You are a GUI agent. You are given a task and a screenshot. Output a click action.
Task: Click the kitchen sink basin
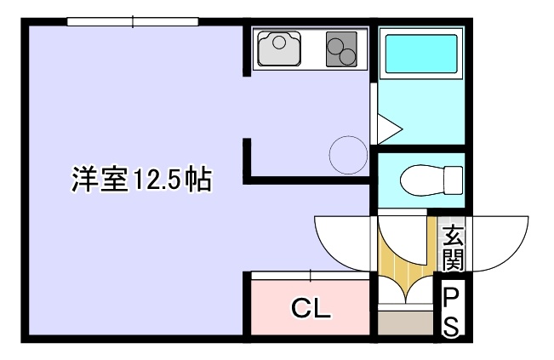[x=279, y=49]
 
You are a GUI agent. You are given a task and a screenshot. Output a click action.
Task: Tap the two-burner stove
[x=341, y=49]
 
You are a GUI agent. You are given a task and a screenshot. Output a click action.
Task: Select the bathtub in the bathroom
[x=421, y=54]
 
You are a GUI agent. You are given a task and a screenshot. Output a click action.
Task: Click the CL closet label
[x=311, y=308]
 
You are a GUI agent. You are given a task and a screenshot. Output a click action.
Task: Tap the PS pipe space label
[x=451, y=312]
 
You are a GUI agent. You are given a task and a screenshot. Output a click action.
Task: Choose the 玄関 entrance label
[x=453, y=248]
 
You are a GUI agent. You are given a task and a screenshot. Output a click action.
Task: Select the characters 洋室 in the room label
[x=100, y=179]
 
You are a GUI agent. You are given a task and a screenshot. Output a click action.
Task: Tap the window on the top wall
[x=133, y=22]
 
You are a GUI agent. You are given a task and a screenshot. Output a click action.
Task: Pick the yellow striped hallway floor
[x=406, y=261]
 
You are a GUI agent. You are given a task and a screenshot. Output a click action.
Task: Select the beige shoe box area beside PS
[x=406, y=323]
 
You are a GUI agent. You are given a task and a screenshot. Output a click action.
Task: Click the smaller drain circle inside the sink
[x=279, y=43]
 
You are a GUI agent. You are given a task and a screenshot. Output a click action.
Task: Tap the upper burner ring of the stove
[x=335, y=46]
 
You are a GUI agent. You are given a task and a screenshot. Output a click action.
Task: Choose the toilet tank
[x=454, y=180]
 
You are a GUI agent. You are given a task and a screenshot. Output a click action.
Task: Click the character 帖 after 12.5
[x=199, y=179]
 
